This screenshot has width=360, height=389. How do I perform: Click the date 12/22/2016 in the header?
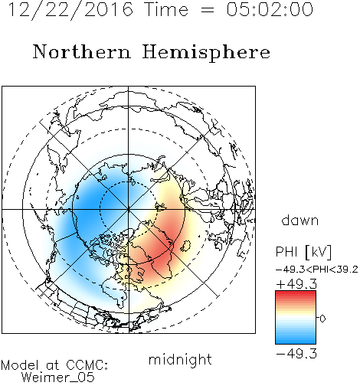pos(70,10)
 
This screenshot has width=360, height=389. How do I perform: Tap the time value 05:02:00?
pos(270,9)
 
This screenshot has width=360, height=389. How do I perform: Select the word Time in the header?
pos(166,9)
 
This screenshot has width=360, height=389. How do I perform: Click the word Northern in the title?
pos(82,52)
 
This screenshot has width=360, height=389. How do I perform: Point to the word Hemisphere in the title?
pos(206,53)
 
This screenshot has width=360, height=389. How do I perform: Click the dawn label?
pos(300,221)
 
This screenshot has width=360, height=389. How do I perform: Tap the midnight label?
pos(180,360)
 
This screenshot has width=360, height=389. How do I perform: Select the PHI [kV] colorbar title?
pos(303,252)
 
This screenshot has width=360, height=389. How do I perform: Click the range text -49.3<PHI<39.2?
pos(317,270)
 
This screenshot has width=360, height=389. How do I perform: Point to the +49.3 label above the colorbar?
pos(296,284)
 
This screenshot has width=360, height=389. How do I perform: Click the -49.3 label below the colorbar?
pos(296,354)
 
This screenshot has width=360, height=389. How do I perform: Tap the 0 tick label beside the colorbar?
pos(322,319)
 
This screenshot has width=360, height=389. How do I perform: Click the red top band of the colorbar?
pos(296,294)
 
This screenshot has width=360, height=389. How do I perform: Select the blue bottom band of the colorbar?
pos(296,341)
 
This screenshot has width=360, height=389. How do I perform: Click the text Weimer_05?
pos(57,378)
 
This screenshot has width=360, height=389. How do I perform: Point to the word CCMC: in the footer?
pos(87,365)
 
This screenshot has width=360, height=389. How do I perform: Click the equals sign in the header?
pos(208,10)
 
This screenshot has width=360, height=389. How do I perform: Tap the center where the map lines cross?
pos(129,210)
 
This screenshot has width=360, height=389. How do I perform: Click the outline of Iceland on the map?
pos(185,246)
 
